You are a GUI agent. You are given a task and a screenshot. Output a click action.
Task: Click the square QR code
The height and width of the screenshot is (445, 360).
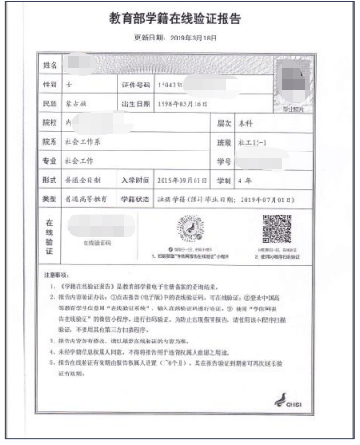coord(276,230)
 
